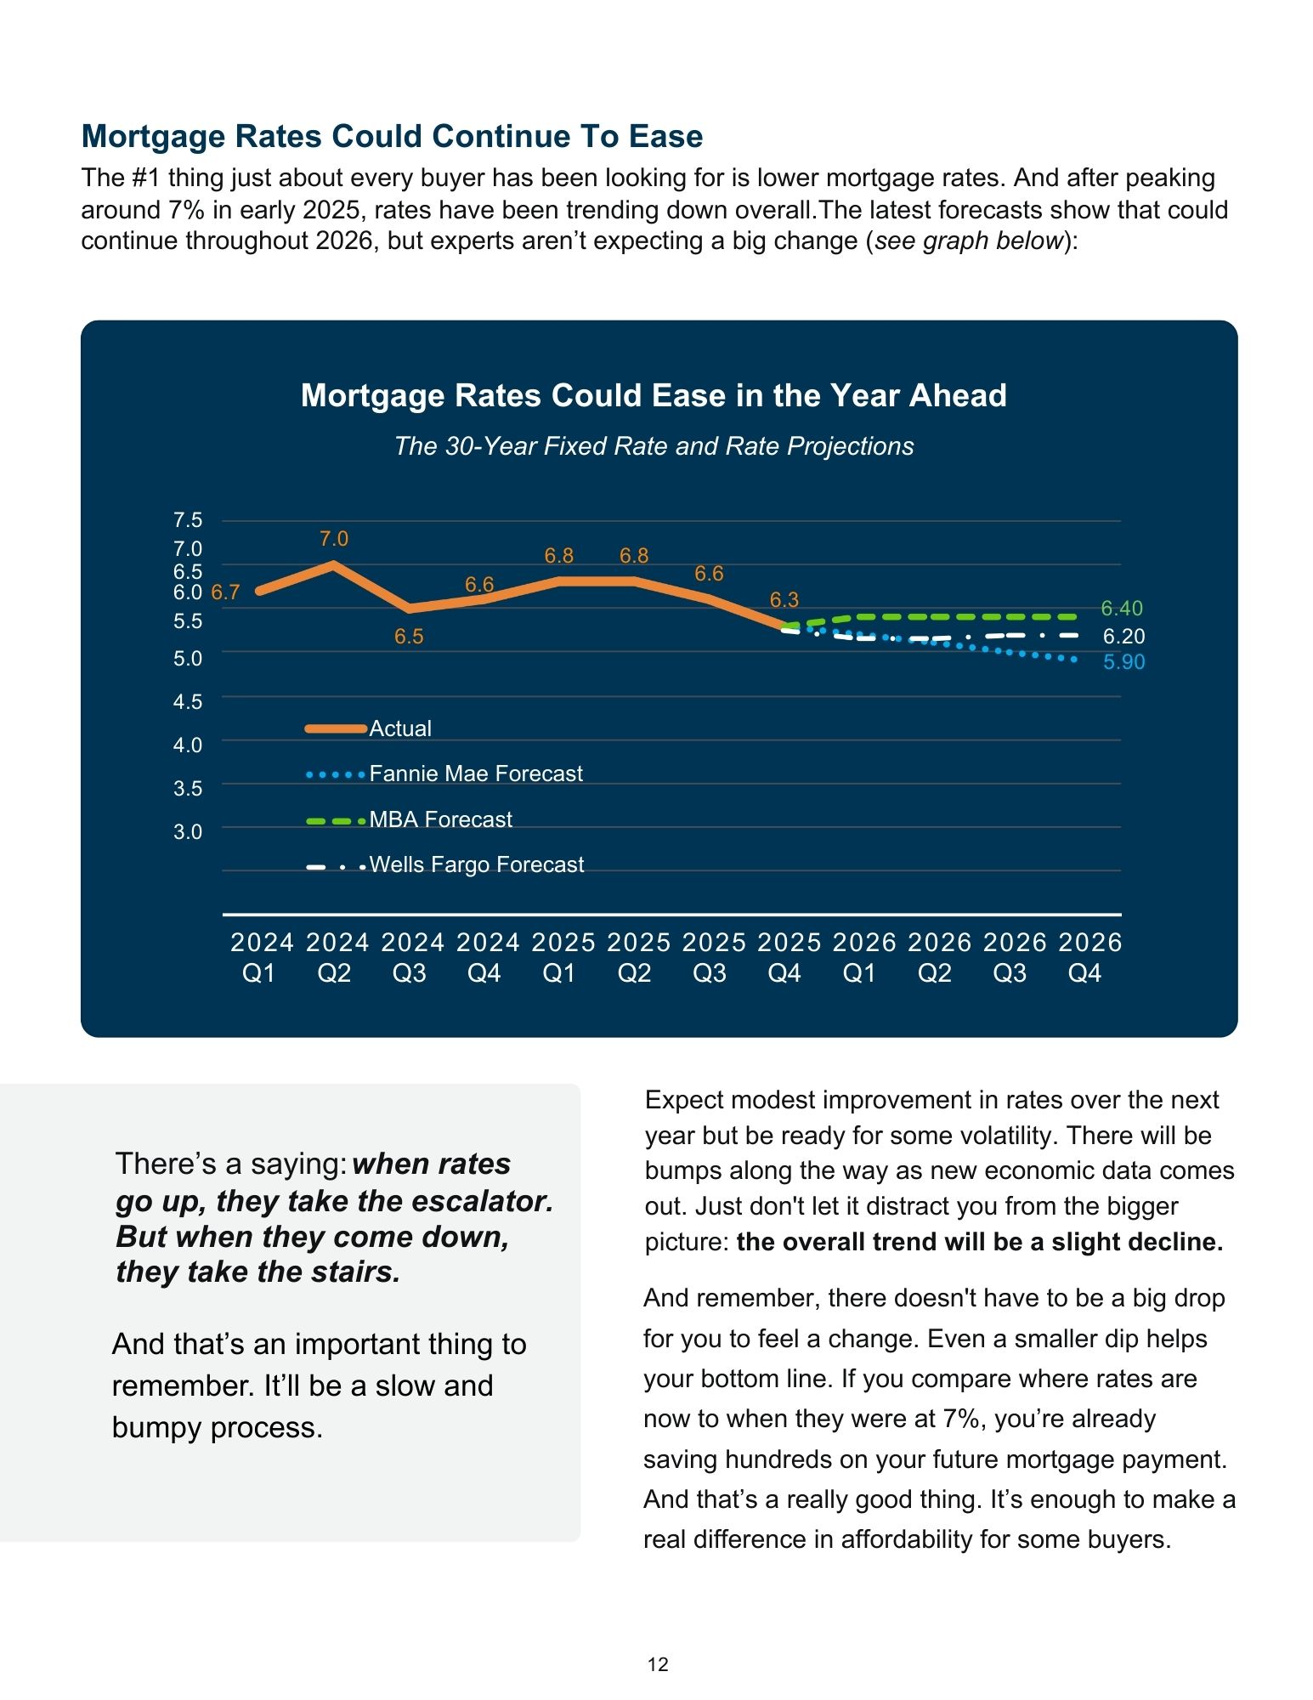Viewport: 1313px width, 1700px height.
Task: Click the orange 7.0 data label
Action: tap(334, 539)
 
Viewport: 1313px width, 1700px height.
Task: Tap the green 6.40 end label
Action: tap(1122, 609)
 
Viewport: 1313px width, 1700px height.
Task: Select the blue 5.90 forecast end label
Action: tap(1123, 662)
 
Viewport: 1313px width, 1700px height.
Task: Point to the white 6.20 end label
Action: tap(1123, 637)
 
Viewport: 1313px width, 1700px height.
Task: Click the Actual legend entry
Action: tap(399, 728)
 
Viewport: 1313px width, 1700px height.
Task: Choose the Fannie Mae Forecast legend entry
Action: tap(475, 773)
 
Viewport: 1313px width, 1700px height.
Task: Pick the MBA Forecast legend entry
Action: tap(440, 819)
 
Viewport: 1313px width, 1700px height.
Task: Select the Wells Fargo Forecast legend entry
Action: tap(476, 864)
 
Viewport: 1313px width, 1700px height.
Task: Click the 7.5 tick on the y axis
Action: tap(188, 520)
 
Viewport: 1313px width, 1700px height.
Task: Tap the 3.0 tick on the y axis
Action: tap(188, 831)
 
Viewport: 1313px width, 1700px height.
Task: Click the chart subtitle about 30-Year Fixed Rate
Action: tap(654, 446)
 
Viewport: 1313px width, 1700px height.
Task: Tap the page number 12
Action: tap(658, 1664)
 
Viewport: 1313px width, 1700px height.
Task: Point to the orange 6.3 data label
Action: tap(784, 600)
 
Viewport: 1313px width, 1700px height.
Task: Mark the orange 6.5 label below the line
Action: tap(409, 637)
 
